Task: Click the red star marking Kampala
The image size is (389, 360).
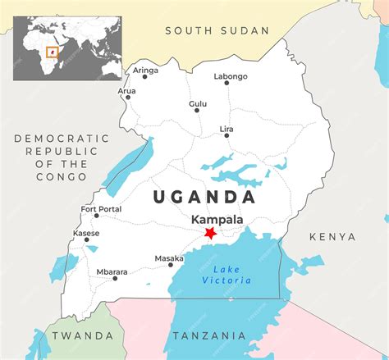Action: coord(210,234)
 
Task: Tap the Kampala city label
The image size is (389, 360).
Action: coord(217,220)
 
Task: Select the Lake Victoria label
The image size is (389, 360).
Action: coord(227,276)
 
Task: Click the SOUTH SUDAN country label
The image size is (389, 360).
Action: coord(217,30)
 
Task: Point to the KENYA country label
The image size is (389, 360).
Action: coord(332,237)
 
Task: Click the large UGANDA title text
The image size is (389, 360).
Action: coord(203,197)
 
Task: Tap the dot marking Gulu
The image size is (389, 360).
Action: coord(197,111)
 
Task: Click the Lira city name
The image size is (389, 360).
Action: coord(227,129)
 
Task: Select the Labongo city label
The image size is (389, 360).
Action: coord(231,76)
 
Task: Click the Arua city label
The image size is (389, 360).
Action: coord(127,91)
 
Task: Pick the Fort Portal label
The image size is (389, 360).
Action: coord(101,209)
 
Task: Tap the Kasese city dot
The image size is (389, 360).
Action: coord(86,240)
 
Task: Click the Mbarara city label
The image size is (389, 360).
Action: coord(112,271)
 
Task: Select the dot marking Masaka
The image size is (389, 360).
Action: coord(171,265)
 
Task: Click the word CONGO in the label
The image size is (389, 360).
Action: coord(62,177)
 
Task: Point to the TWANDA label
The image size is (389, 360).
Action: coord(82,336)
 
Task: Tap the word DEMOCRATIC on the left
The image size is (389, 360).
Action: coord(62,139)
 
